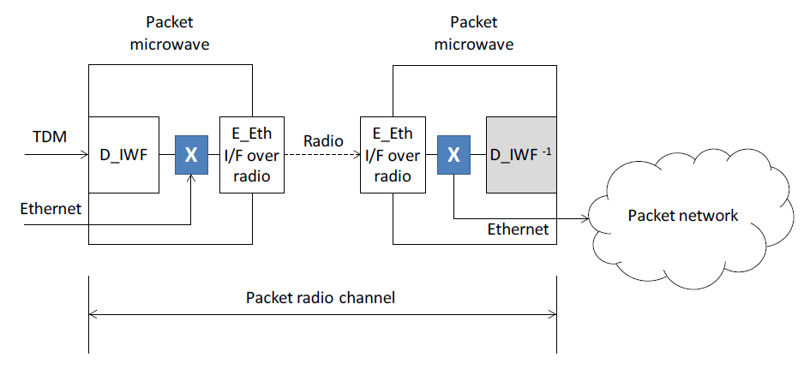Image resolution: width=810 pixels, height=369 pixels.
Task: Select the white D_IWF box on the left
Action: [x=124, y=155]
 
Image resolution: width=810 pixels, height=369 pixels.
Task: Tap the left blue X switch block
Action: [x=191, y=155]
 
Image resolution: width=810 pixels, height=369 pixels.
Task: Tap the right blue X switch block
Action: [x=454, y=155]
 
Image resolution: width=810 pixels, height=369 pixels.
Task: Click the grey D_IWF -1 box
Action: [x=520, y=155]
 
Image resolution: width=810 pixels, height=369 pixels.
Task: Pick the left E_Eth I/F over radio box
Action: [x=251, y=155]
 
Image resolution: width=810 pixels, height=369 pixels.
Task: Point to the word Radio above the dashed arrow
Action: [x=322, y=140]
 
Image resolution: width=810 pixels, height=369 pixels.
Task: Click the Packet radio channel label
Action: [x=321, y=298]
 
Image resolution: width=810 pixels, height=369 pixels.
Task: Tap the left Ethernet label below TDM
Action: [x=51, y=208]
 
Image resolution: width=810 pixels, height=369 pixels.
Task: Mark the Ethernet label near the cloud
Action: [x=518, y=229]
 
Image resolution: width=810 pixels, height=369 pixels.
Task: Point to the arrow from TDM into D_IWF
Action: [x=60, y=155]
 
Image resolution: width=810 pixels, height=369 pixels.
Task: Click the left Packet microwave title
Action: [x=170, y=33]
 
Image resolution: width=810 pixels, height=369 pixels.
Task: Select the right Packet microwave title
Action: [x=473, y=33]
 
